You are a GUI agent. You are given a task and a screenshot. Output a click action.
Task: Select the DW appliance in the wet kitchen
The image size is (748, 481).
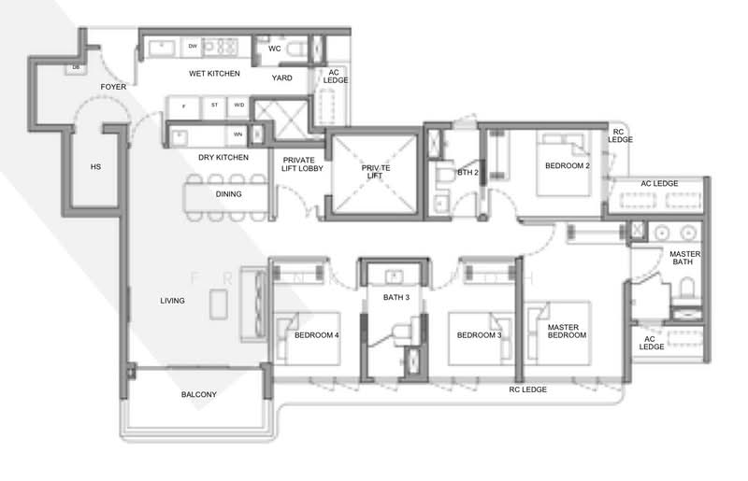click(193, 46)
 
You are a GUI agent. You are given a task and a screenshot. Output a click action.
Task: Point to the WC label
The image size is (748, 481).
click(275, 48)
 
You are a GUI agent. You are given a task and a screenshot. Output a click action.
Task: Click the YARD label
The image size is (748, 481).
click(282, 78)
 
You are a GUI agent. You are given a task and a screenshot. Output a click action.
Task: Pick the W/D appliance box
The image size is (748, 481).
click(239, 105)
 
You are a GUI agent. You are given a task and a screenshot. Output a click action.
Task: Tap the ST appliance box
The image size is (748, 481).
click(215, 105)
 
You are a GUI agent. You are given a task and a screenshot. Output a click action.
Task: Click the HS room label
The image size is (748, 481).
click(95, 167)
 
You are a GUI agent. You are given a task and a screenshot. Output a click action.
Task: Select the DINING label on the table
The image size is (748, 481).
click(228, 194)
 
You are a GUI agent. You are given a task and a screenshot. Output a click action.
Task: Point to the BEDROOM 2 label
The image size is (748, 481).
click(568, 166)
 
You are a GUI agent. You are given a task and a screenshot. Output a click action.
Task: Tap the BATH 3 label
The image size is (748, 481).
click(396, 298)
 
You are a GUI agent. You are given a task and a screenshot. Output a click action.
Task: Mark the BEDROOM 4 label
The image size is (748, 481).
click(316, 335)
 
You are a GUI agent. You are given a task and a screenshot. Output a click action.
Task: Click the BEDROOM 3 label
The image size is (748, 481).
click(480, 335)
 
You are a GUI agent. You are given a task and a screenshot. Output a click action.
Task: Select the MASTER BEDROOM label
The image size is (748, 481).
click(567, 330)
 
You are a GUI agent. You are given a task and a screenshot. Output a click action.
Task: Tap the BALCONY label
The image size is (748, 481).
click(198, 394)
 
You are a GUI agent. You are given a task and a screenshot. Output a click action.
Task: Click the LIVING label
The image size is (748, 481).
click(172, 301)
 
